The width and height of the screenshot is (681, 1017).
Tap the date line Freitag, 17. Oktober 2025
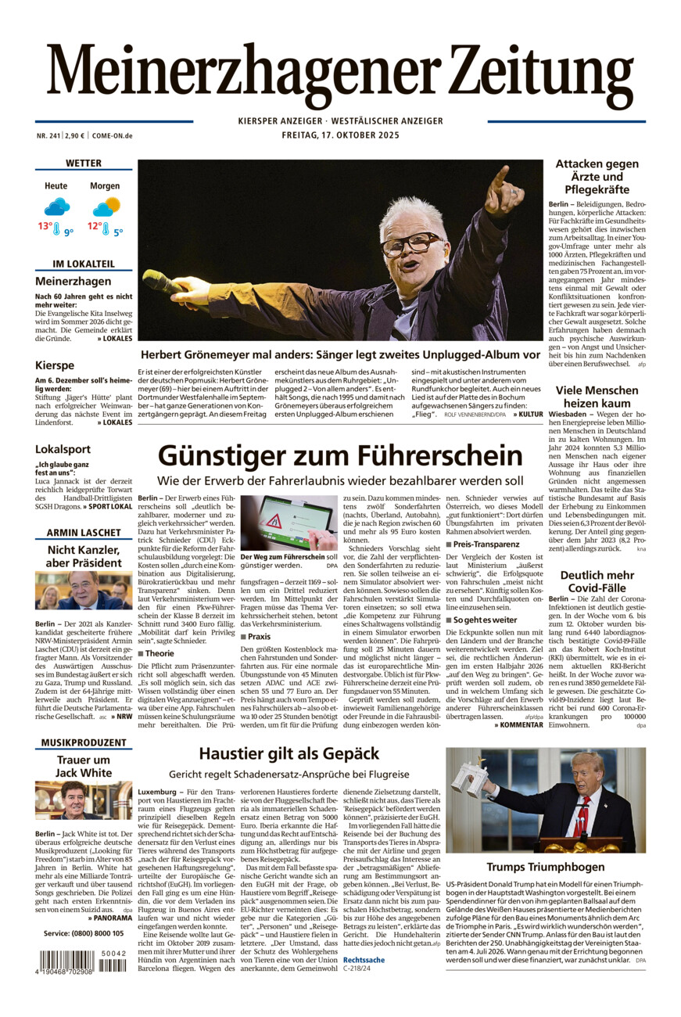tap(340, 135)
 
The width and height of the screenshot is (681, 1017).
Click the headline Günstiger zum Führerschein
tap(339, 455)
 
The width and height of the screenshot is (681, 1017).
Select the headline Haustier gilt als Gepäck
tap(289, 753)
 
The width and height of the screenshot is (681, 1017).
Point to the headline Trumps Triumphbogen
tap(545, 867)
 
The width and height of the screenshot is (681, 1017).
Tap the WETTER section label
tap(84, 164)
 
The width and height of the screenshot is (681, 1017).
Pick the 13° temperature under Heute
tap(45, 227)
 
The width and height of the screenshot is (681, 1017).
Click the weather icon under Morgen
tap(106, 207)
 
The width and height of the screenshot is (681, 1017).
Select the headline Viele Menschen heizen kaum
tap(597, 397)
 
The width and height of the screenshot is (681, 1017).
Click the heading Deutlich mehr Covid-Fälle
tap(597, 582)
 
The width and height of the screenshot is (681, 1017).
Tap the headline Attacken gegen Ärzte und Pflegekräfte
tap(597, 176)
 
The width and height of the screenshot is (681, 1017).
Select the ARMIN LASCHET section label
tap(84, 533)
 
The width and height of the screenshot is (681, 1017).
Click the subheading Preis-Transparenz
tap(486, 544)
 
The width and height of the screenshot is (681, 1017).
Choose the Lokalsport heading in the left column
tap(63, 449)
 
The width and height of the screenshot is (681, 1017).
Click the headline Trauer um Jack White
tap(84, 766)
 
